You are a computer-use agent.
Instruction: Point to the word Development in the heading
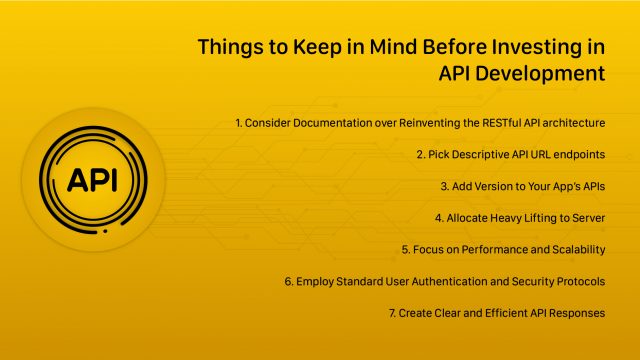[x=540, y=73]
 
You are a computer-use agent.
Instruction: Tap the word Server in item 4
[x=587, y=217]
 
